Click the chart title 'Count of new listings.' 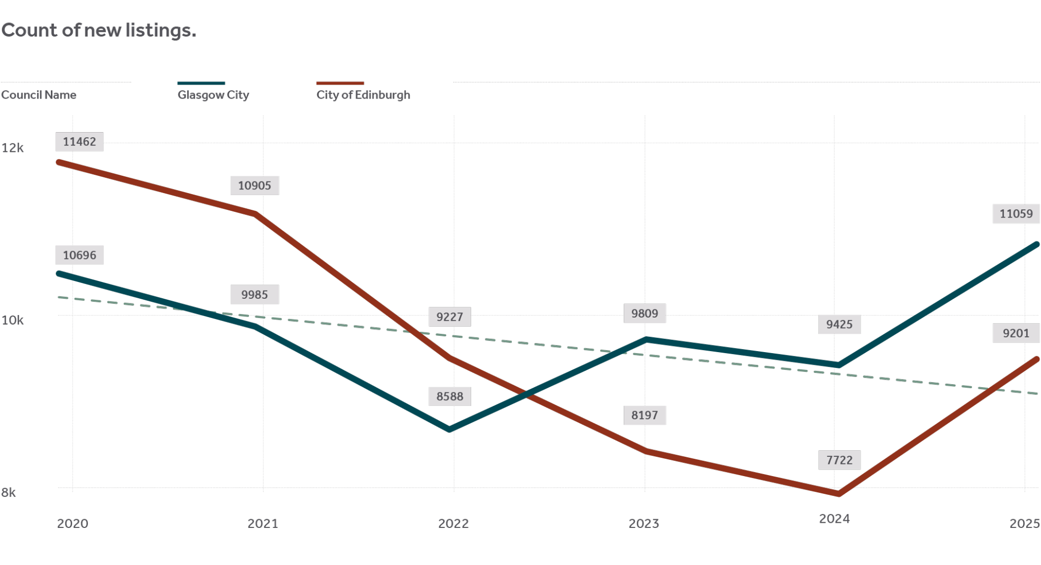click(x=99, y=30)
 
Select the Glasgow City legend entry click(x=213, y=95)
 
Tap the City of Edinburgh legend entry click(x=363, y=95)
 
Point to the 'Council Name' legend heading click(x=39, y=95)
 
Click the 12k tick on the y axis click(x=12, y=148)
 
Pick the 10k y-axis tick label click(x=12, y=320)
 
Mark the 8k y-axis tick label click(x=8, y=492)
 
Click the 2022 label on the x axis click(x=453, y=523)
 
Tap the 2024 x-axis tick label click(x=834, y=519)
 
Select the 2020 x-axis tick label click(x=72, y=523)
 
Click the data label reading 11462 click(x=79, y=142)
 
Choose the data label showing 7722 click(x=839, y=460)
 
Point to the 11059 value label click(x=1016, y=214)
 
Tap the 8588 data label click(x=450, y=396)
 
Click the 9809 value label click(x=645, y=313)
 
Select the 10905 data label click(x=255, y=185)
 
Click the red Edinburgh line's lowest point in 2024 click(x=838, y=493)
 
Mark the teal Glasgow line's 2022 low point click(x=450, y=429)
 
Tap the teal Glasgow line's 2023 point click(x=645, y=339)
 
